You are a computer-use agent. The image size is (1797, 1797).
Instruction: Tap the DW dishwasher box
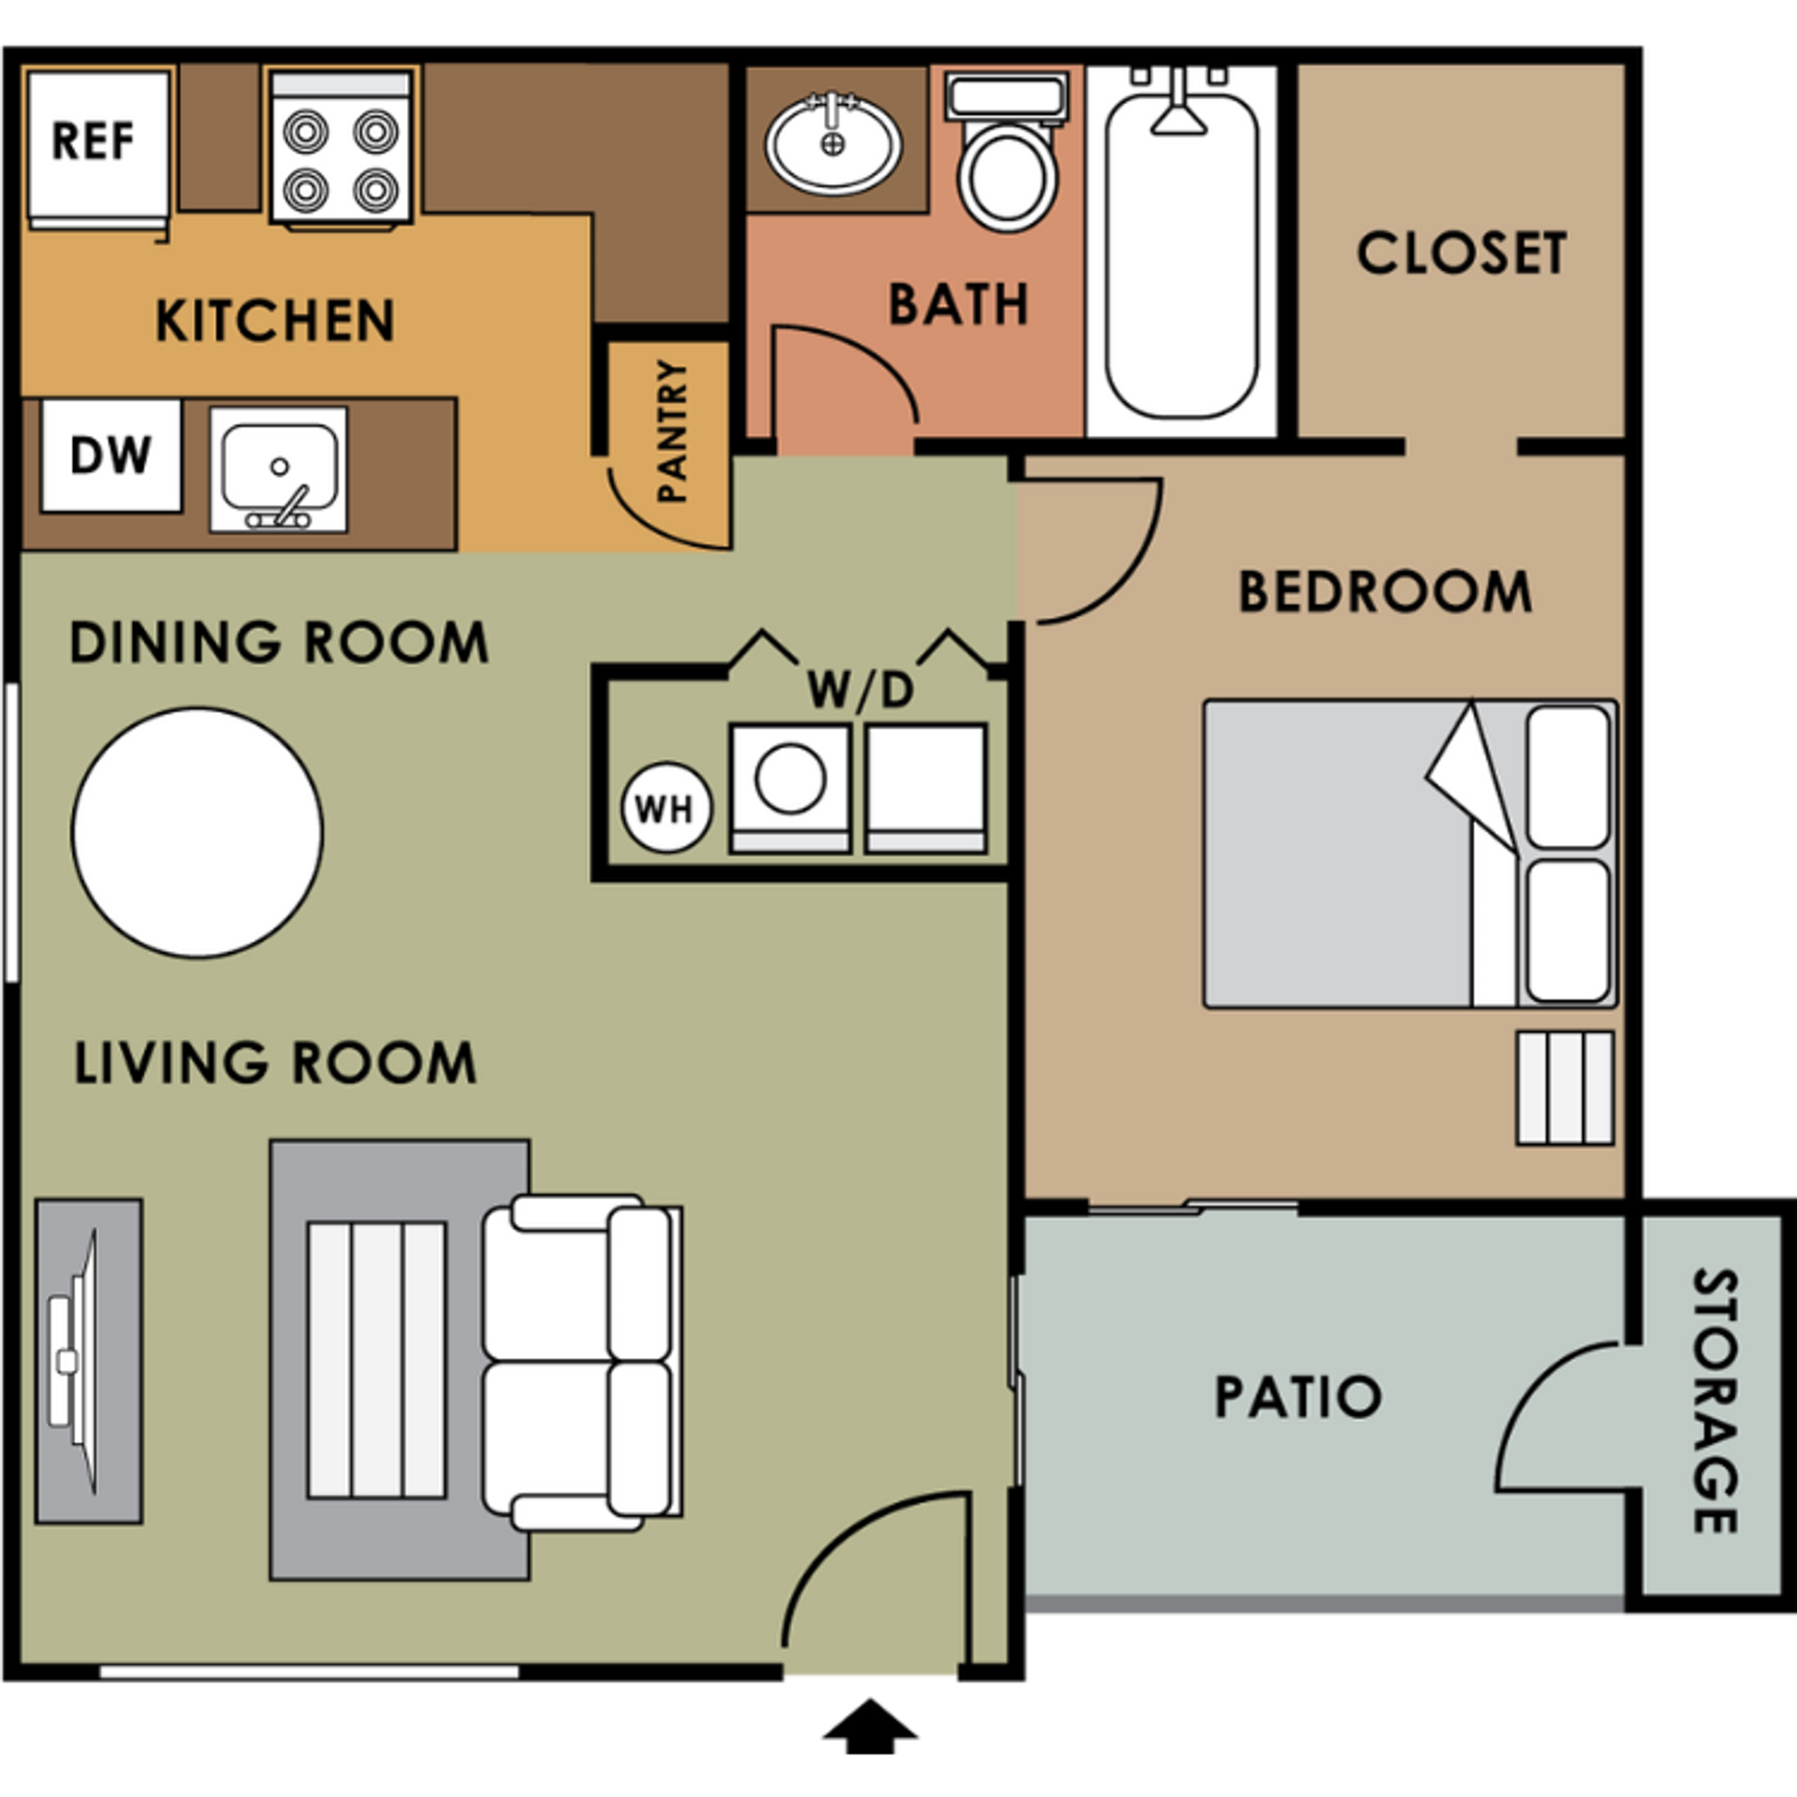pyautogui.click(x=110, y=456)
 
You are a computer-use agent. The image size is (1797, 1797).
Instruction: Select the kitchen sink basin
pyautogui.click(x=278, y=469)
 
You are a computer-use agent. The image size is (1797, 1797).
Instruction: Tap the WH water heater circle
pyautogui.click(x=666, y=808)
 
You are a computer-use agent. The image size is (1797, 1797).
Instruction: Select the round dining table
pyautogui.click(x=197, y=833)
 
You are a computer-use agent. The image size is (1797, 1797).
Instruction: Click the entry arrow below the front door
pyautogui.click(x=870, y=1725)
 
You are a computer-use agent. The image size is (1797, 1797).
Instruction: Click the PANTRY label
pyautogui.click(x=673, y=431)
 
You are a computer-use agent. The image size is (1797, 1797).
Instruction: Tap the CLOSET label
pyautogui.click(x=1461, y=253)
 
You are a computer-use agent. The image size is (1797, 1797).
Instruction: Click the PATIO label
pyautogui.click(x=1298, y=1397)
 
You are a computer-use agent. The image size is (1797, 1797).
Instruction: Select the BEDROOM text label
pyautogui.click(x=1385, y=592)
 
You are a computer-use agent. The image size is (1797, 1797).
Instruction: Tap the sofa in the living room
pyautogui.click(x=580, y=1363)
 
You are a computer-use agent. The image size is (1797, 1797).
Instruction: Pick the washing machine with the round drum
pyautogui.click(x=790, y=787)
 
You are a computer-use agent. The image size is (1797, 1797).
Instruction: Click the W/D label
pyautogui.click(x=859, y=690)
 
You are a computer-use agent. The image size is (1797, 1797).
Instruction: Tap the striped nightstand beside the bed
pyautogui.click(x=1565, y=1088)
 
